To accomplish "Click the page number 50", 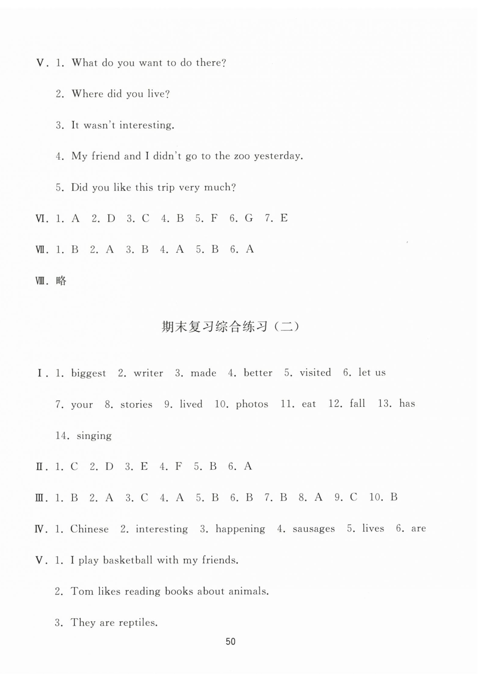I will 230,641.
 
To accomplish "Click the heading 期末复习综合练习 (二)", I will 230,327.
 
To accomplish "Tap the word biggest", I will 88,373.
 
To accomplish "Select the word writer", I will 148,373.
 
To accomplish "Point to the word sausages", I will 314,529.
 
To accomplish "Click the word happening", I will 240,529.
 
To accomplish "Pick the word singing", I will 94,436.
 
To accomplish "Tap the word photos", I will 252,404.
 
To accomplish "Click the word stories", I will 136,405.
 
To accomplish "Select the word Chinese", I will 89,529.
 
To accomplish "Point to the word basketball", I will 127,560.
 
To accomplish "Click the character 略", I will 61,281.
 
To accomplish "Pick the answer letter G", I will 249,218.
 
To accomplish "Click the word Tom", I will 82,591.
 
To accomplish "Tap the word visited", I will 315,373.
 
